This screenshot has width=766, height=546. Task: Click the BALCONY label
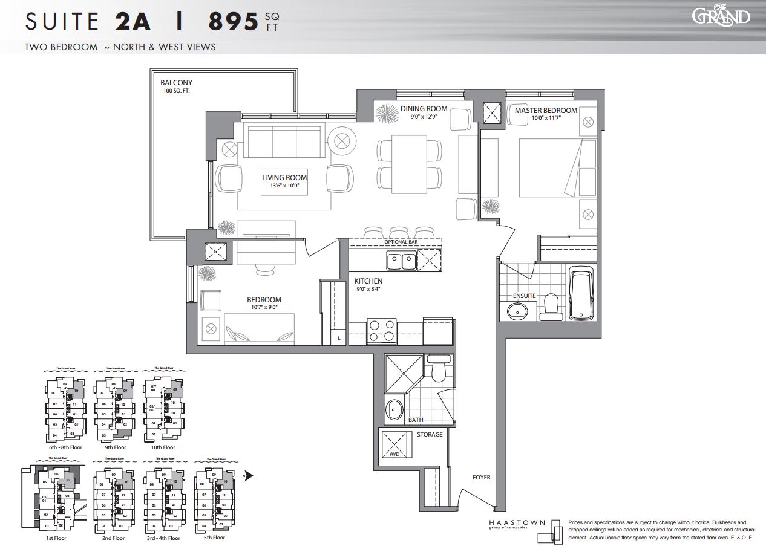[x=177, y=83]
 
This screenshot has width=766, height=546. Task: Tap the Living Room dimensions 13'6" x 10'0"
[x=284, y=186]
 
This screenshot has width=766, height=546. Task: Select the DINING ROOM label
[x=424, y=109]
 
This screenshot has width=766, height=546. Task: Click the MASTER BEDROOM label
[x=546, y=111]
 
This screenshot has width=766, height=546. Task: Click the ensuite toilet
[x=551, y=306]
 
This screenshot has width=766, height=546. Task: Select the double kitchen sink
[x=401, y=261]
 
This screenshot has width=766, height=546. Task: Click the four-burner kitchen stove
[x=381, y=332]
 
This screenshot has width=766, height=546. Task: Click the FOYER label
[x=482, y=478]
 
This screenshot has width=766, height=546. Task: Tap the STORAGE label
[x=430, y=434]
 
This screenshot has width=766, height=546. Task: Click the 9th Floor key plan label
[x=115, y=447]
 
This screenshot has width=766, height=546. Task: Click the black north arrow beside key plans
[x=249, y=475]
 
